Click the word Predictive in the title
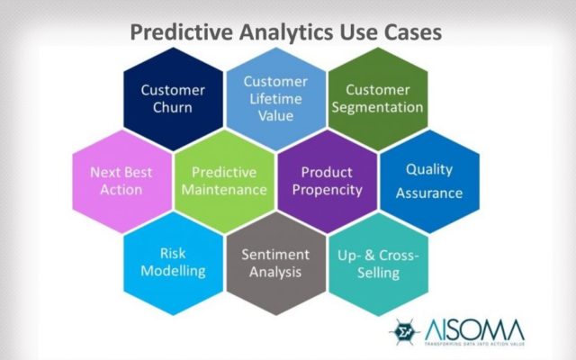[182, 32]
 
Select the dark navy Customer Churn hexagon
[173, 99]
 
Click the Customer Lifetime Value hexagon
[276, 99]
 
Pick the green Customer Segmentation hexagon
[378, 99]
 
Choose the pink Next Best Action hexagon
[122, 181]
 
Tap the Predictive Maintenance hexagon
[224, 181]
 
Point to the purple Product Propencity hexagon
[328, 181]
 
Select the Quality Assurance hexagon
[430, 181]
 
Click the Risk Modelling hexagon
[173, 264]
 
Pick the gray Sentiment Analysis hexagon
[276, 264]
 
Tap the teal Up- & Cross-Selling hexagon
[378, 264]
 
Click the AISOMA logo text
[474, 330]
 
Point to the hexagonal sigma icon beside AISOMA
[404, 332]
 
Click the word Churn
[173, 108]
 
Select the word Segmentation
[378, 108]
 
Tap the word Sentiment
[275, 255]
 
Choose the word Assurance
[429, 193]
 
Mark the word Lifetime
[276, 99]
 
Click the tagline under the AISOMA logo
[474, 344]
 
